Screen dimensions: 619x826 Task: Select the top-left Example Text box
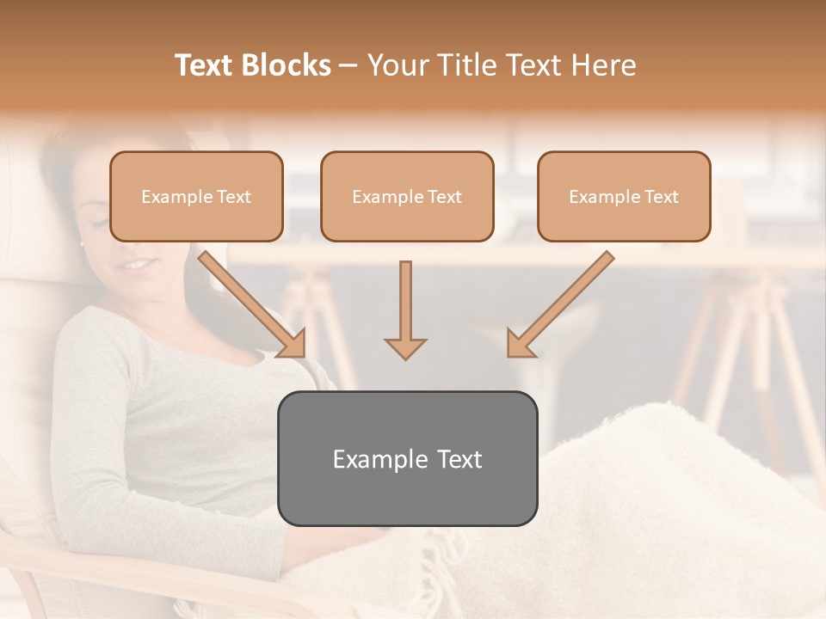[x=196, y=196]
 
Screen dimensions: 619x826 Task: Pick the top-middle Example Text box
[x=407, y=196]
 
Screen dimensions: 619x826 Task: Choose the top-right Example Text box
[x=624, y=196]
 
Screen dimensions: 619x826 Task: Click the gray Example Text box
[x=407, y=458]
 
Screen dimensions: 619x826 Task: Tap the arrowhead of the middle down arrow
[x=406, y=347]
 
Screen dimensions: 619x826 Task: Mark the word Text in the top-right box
[x=661, y=197]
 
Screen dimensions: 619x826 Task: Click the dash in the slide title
[x=348, y=65]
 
